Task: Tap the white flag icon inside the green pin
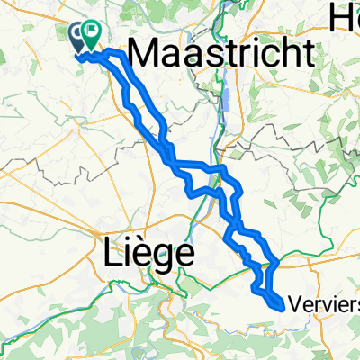pos(92,32)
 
